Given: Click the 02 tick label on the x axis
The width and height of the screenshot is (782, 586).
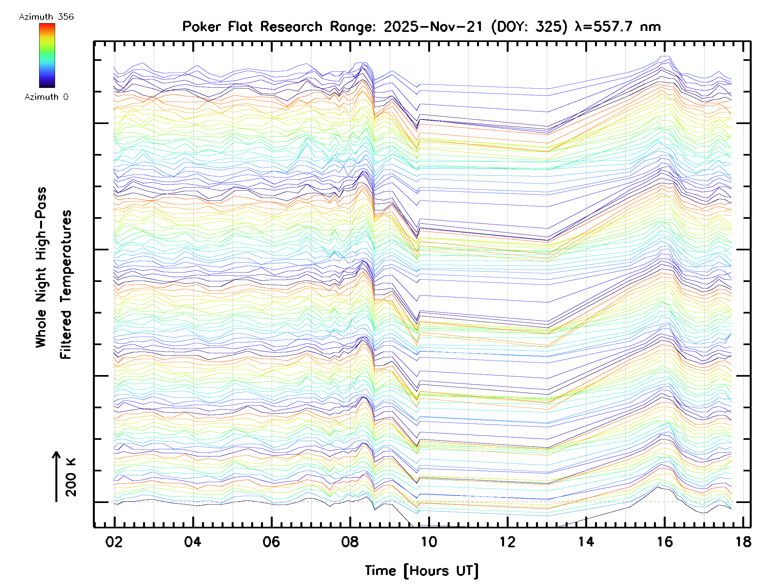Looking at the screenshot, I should tap(114, 542).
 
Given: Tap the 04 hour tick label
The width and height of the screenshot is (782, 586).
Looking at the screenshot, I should tap(193, 542).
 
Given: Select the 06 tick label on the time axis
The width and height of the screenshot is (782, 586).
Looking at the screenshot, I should tap(271, 542).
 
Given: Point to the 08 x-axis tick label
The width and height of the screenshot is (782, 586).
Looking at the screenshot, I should tap(350, 542).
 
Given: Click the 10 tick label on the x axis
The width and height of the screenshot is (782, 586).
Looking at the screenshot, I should tap(429, 542).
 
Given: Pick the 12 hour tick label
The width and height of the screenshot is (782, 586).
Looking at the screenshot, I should tap(508, 542).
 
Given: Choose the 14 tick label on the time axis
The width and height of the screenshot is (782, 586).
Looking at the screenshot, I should tap(586, 542).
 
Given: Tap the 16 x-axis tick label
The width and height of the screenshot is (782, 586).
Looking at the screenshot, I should tap(665, 542).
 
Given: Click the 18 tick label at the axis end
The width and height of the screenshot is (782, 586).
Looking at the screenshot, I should tap(744, 542).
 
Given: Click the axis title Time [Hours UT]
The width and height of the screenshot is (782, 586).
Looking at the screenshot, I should tap(421, 571).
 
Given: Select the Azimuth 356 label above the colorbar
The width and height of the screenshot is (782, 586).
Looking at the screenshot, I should tap(46, 17).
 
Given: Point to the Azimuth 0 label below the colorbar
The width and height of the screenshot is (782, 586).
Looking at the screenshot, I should tap(46, 97).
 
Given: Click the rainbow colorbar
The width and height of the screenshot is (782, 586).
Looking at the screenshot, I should tap(47, 55).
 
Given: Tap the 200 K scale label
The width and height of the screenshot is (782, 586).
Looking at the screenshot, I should tap(71, 477).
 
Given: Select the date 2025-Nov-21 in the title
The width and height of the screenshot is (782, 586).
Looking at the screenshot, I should tap(433, 27).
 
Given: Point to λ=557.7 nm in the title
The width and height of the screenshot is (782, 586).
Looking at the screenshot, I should tap(617, 27).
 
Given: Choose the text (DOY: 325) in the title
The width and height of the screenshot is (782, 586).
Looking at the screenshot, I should tap(529, 27).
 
